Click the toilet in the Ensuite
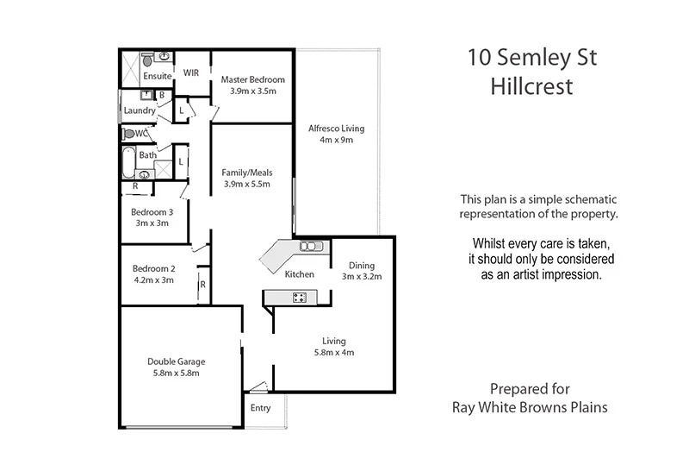click(x=148, y=60)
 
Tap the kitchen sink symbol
click(x=309, y=248)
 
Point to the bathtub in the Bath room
click(x=127, y=159)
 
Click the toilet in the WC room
click(x=129, y=134)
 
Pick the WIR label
click(x=191, y=73)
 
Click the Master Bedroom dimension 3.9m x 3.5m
click(x=251, y=91)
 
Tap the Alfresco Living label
click(x=337, y=129)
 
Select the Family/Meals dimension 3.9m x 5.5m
click(x=246, y=184)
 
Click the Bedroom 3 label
click(x=152, y=211)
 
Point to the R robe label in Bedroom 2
click(x=202, y=284)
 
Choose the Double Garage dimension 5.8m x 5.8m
click(x=176, y=374)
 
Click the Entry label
click(x=260, y=408)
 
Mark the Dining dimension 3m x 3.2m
click(x=362, y=277)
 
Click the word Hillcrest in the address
click(x=531, y=86)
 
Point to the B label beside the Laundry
click(x=162, y=95)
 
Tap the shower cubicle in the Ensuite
click(x=129, y=65)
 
